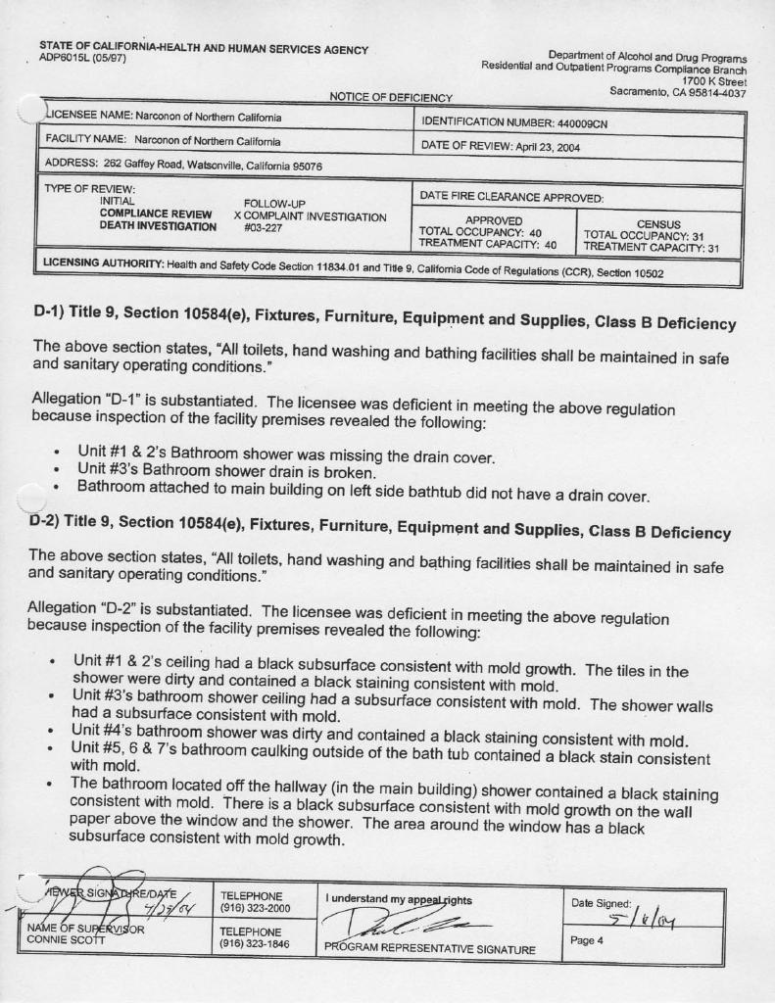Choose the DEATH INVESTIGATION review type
tap(158, 227)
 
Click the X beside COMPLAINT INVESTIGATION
tap(237, 215)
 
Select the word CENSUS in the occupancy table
tap(658, 224)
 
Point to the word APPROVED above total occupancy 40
tap(494, 221)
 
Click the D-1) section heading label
tap(51, 312)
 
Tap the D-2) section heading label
tap(49, 521)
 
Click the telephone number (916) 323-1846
tap(256, 945)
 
